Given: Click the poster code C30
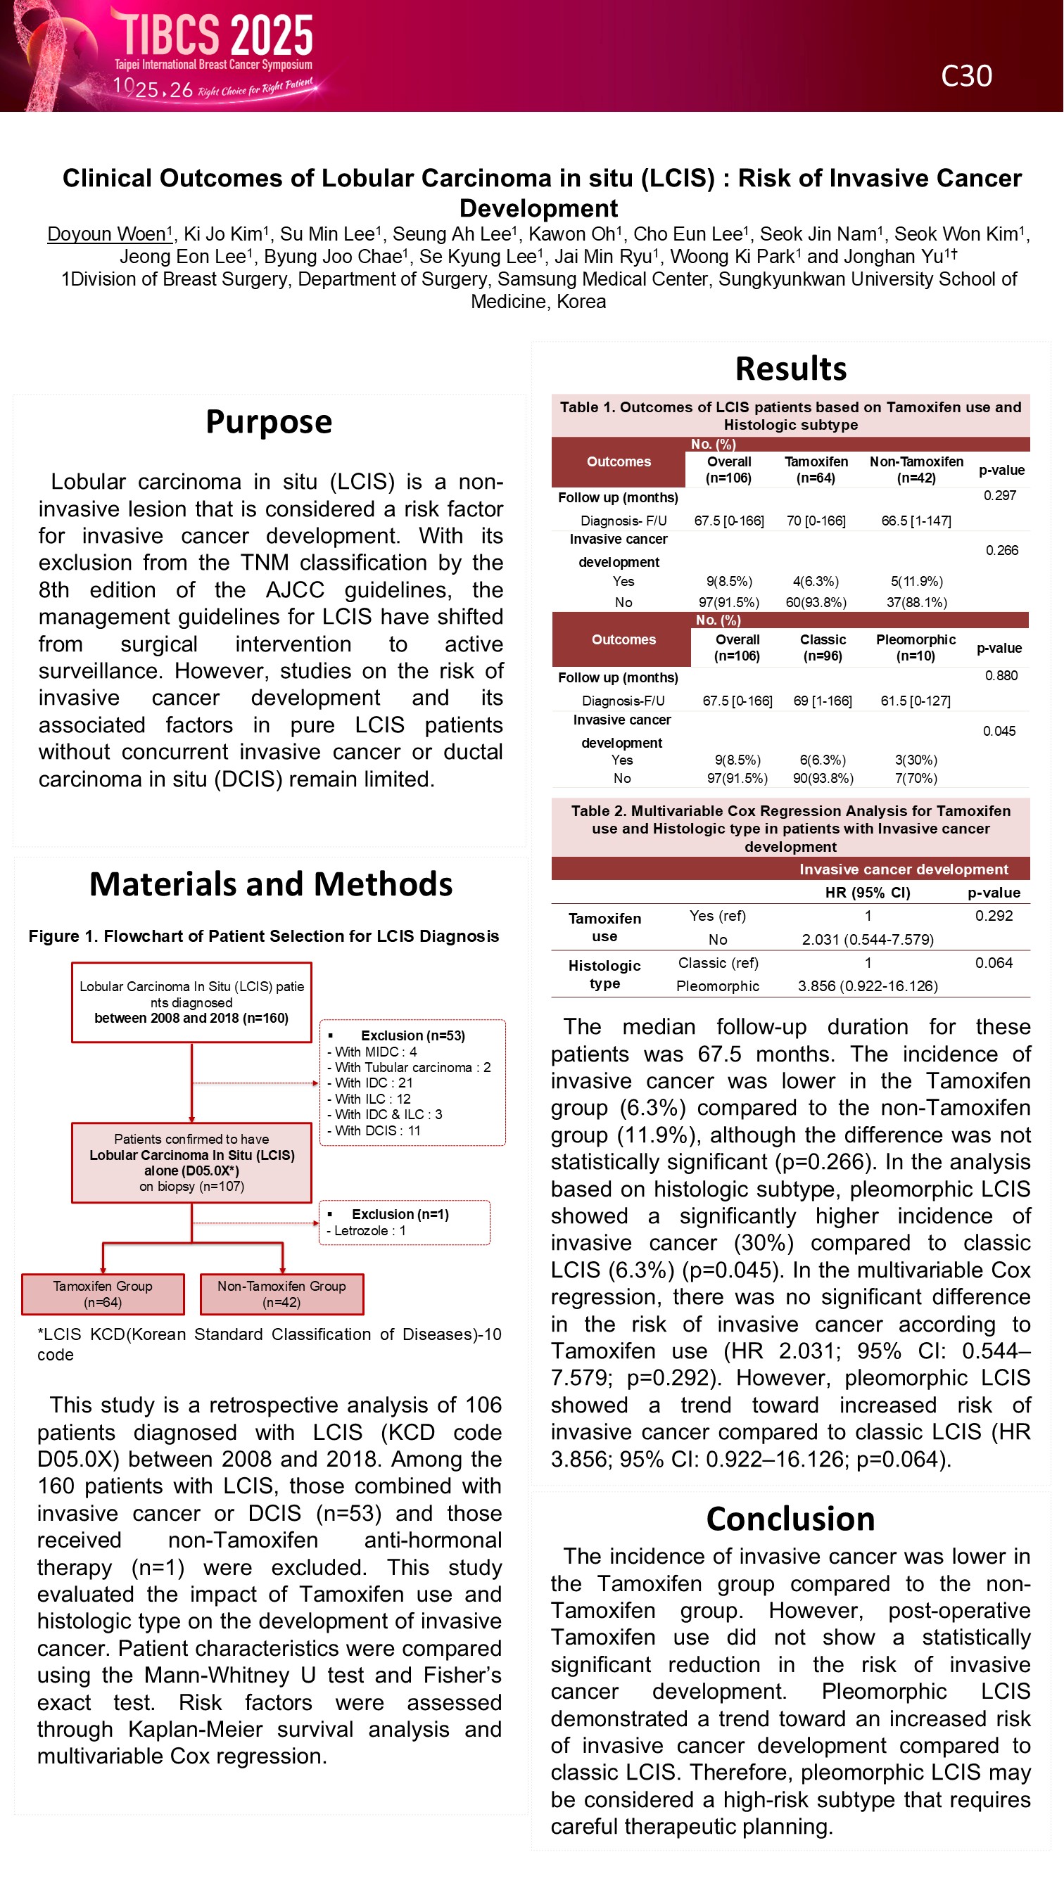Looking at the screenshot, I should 965,76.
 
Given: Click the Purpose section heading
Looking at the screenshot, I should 268,421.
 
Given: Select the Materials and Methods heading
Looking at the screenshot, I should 271,884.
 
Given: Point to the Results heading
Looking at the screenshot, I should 790,368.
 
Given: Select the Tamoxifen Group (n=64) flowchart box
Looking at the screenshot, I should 103,1294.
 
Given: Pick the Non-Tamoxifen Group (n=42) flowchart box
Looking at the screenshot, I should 281,1294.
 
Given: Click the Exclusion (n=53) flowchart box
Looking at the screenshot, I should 412,1082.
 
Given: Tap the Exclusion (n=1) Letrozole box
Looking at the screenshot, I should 404,1222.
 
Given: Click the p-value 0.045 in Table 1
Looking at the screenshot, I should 999,731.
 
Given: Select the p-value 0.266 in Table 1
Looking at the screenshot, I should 1001,550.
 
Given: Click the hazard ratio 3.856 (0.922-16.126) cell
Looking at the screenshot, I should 868,986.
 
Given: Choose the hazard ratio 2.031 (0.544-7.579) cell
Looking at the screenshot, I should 868,940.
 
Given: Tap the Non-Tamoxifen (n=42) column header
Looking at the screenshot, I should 916,470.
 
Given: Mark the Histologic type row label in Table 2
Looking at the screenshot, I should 604,974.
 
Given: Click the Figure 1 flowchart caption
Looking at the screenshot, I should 263,936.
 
